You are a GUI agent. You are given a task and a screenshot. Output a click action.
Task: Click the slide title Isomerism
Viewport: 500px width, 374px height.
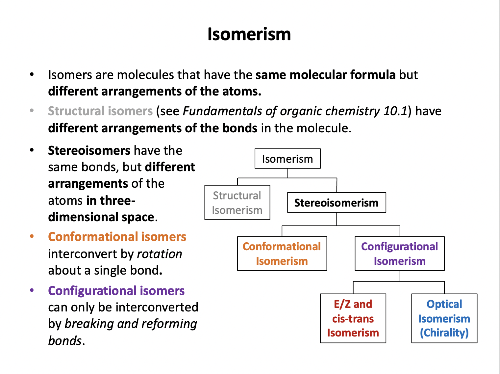click(x=249, y=34)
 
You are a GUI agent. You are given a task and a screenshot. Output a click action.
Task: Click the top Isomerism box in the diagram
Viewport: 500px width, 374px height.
click(x=287, y=159)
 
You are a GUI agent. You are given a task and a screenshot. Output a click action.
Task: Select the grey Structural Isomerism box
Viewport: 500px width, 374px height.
click(x=237, y=202)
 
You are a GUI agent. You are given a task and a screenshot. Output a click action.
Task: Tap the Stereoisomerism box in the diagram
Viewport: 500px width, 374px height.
click(x=336, y=202)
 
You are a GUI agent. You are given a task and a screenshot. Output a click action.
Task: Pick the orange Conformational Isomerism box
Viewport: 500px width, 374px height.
click(x=282, y=254)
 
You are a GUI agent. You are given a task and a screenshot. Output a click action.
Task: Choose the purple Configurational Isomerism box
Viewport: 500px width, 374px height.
click(x=399, y=254)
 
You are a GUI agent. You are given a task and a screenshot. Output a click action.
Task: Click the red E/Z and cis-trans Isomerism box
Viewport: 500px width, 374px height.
click(x=353, y=318)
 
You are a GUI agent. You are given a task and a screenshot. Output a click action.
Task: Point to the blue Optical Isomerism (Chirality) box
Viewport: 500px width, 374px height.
click(x=444, y=318)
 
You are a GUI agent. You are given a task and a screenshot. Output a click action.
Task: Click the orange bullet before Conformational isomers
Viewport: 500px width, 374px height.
click(x=32, y=236)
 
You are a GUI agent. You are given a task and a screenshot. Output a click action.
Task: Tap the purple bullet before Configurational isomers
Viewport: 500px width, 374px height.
click(x=32, y=290)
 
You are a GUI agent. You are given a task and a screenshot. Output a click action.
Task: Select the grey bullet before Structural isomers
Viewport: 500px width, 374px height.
click(x=32, y=111)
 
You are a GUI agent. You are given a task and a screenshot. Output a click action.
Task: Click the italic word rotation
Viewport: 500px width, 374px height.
click(x=160, y=254)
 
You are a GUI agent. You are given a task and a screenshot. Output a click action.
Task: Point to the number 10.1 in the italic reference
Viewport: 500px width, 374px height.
click(x=395, y=111)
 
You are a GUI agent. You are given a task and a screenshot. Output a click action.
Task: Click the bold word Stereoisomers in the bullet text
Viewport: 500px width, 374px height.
click(x=89, y=150)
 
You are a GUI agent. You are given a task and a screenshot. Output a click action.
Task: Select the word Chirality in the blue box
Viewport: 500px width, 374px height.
click(x=444, y=333)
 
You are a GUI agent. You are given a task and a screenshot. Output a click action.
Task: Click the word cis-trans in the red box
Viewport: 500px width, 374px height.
click(x=353, y=319)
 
